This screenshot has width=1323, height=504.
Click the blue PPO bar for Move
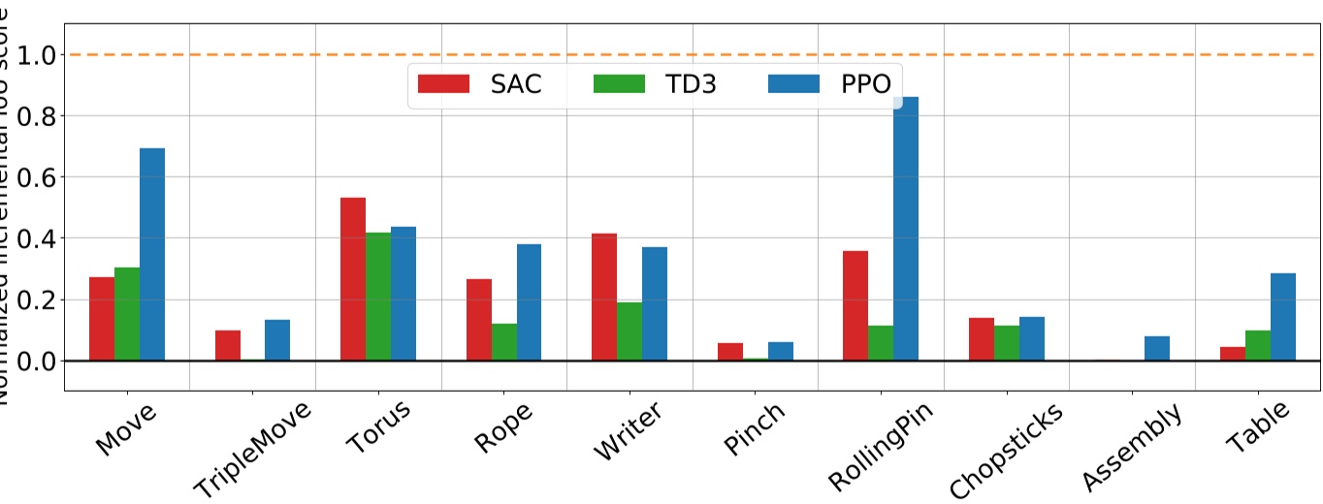(x=152, y=254)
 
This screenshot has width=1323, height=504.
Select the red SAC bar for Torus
(x=353, y=279)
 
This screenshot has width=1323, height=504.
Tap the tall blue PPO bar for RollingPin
(x=906, y=229)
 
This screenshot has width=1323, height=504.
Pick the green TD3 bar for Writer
(x=629, y=331)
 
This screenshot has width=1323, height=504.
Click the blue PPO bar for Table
(x=1283, y=317)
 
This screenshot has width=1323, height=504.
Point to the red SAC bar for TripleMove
(x=228, y=345)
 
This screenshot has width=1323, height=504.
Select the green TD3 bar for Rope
(x=504, y=342)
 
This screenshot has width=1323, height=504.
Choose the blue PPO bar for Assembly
(x=1157, y=348)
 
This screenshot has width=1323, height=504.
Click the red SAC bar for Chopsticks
(x=982, y=339)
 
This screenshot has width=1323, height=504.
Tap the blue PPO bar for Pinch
(x=781, y=351)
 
